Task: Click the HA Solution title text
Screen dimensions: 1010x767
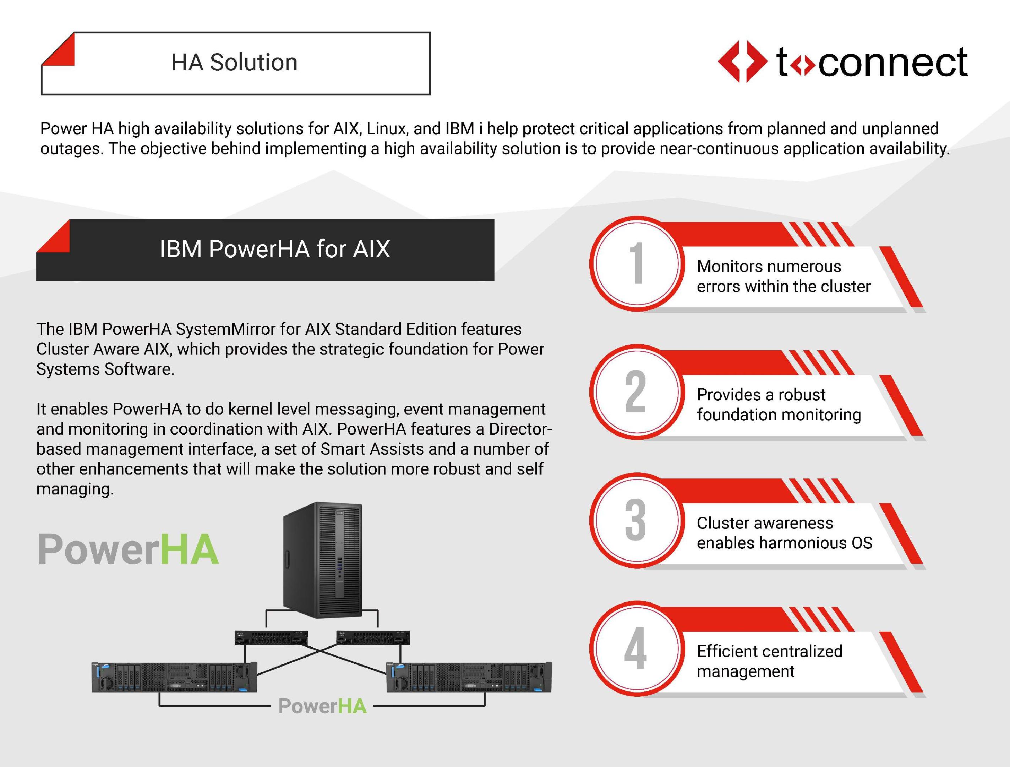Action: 234,62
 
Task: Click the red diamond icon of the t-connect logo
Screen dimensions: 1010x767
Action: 742,62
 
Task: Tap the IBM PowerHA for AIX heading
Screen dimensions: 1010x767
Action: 275,249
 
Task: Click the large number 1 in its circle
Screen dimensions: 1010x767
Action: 637,263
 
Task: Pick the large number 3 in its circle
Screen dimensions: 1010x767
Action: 635,520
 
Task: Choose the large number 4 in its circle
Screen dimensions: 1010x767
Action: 635,648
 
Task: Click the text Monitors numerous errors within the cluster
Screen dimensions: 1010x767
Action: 784,276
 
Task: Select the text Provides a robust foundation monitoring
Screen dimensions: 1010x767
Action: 779,405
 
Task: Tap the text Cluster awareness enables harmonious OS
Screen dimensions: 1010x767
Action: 785,533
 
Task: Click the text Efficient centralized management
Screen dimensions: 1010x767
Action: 770,661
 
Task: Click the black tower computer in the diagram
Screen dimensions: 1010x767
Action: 323,560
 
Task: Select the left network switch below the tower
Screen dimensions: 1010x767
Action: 271,638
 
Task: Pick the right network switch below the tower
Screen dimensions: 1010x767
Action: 373,638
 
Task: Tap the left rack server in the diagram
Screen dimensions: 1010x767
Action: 174,677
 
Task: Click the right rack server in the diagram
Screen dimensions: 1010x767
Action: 469,677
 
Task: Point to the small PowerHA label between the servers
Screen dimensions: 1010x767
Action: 322,706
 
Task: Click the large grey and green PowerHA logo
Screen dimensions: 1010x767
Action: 128,549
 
